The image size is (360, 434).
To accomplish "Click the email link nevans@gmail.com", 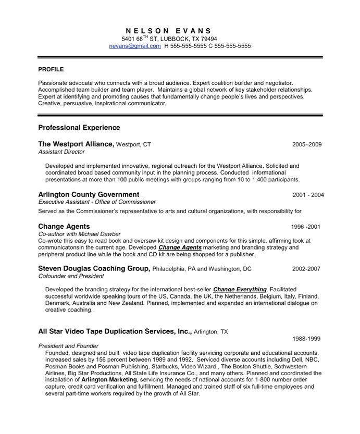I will pyautogui.click(x=135, y=46).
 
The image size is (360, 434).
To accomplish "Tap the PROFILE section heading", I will pyautogui.click(x=51, y=69).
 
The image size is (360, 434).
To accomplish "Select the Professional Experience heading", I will pyautogui.click(x=79, y=128).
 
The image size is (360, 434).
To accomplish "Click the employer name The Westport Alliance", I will pyautogui.click(x=76, y=144).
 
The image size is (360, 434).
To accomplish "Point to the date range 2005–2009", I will pyautogui.click(x=307, y=144).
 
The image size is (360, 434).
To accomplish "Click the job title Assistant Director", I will pyautogui.click(x=61, y=152).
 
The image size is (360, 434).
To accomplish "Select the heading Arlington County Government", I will pyautogui.click(x=89, y=195).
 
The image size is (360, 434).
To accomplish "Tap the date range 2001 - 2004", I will pyautogui.click(x=308, y=195).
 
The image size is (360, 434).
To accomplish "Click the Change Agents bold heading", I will pyautogui.click(x=64, y=226).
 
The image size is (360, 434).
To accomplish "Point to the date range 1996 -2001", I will pyautogui.click(x=305, y=227).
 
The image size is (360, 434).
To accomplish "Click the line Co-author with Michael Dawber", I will pyautogui.click(x=79, y=234).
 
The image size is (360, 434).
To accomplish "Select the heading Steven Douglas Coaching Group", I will pyautogui.click(x=94, y=268).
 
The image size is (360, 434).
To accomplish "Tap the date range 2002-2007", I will pyautogui.click(x=306, y=269).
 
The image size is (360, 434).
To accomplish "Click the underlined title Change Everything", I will pyautogui.click(x=240, y=289).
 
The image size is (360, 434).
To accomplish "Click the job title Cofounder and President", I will pyautogui.click(x=71, y=277).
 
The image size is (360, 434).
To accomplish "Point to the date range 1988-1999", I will pyautogui.click(x=306, y=339).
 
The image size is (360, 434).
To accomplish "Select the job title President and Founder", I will pyautogui.click(x=68, y=346).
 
